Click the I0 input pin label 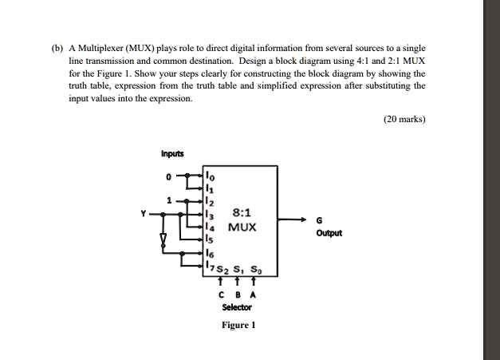tap(209, 176)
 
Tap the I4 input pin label tap(209, 227)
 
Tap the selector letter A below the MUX tap(253, 294)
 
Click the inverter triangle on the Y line tap(164, 239)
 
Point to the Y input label tap(143, 214)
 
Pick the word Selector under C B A tap(237, 307)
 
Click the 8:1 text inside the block tap(242, 213)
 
